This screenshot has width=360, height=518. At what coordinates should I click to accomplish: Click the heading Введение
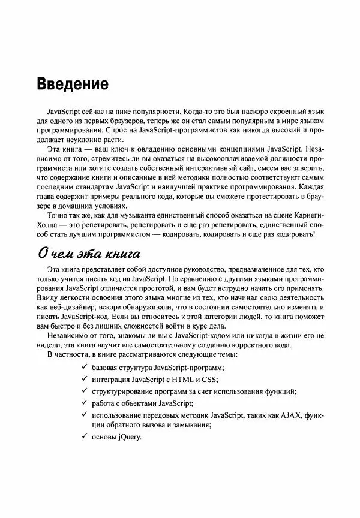coord(73,83)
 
